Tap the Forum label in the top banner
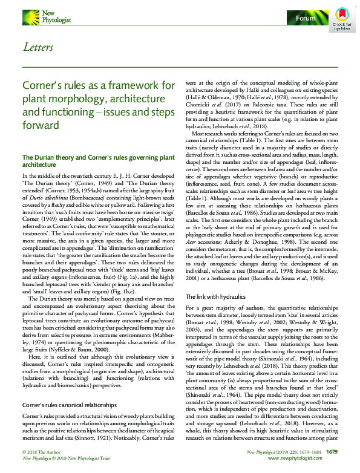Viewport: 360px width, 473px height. (306, 19)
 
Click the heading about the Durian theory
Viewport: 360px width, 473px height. (91, 160)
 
